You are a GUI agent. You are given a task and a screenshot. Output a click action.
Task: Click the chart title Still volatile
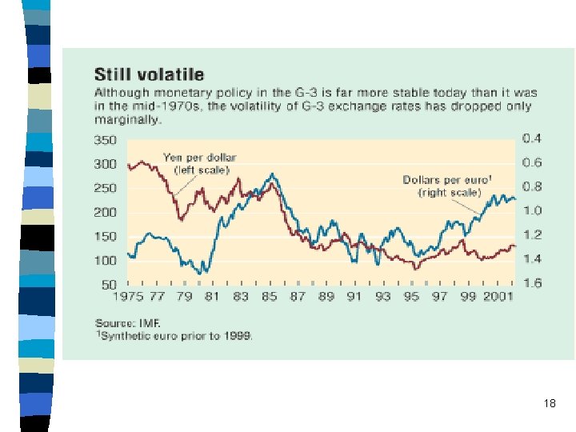[149, 75]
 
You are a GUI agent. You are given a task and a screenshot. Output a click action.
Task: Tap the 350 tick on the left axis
[106, 140]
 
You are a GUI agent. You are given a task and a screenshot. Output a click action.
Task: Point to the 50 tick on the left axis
[109, 285]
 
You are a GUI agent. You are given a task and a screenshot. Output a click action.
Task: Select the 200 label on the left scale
[106, 212]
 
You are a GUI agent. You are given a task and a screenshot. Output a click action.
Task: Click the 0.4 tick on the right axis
[532, 138]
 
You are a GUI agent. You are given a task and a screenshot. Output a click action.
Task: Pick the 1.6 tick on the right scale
[532, 283]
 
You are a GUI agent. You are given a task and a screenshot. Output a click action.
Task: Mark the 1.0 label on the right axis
[532, 210]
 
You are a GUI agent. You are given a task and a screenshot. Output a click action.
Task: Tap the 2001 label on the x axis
[496, 298]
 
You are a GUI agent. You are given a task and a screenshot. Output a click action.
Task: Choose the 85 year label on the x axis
[269, 298]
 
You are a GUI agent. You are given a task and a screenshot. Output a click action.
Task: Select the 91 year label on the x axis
[354, 298]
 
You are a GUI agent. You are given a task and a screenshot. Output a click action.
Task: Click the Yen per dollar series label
[200, 158]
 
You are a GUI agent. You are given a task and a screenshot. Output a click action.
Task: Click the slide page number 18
[549, 403]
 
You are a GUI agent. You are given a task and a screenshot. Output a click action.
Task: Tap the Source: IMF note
[127, 323]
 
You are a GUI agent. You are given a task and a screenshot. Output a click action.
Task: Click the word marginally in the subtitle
[128, 120]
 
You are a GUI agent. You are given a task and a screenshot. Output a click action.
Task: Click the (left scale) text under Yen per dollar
[202, 170]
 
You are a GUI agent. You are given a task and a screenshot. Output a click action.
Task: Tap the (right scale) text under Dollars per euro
[450, 193]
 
